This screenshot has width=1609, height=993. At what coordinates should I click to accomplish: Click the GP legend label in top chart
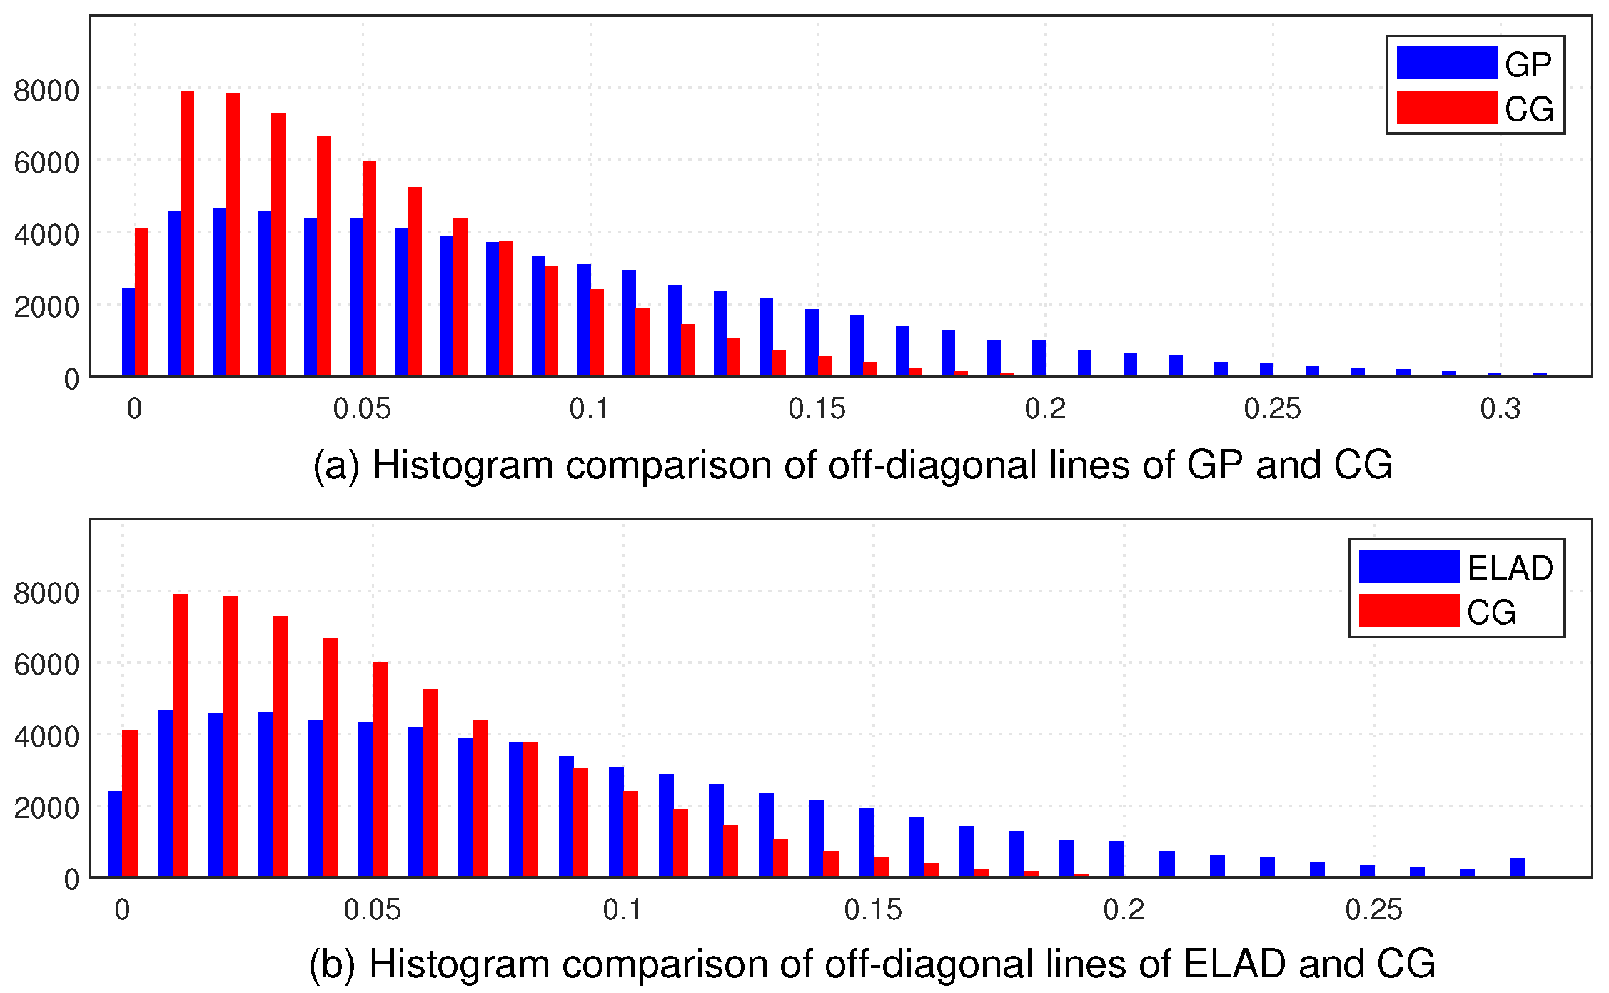[x=1528, y=65]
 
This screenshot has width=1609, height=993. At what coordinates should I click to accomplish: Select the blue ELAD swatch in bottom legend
[x=1408, y=566]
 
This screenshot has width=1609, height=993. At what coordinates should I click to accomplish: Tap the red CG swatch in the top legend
[x=1446, y=107]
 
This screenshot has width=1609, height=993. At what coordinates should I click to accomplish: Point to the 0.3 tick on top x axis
[x=1500, y=409]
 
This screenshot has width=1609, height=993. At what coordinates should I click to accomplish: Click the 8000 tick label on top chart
[x=46, y=91]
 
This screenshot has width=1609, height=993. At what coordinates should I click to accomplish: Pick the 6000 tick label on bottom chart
[x=46, y=665]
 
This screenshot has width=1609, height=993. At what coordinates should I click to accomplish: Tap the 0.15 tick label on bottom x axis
[x=872, y=910]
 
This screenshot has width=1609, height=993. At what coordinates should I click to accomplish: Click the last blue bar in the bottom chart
[x=1517, y=867]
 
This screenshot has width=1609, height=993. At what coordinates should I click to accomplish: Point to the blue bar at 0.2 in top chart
[x=1039, y=358]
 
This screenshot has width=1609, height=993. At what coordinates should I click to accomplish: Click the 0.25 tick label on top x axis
[x=1272, y=409]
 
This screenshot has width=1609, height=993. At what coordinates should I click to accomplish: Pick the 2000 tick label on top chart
[x=46, y=307]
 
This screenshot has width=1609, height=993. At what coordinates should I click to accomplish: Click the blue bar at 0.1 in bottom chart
[x=616, y=822]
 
